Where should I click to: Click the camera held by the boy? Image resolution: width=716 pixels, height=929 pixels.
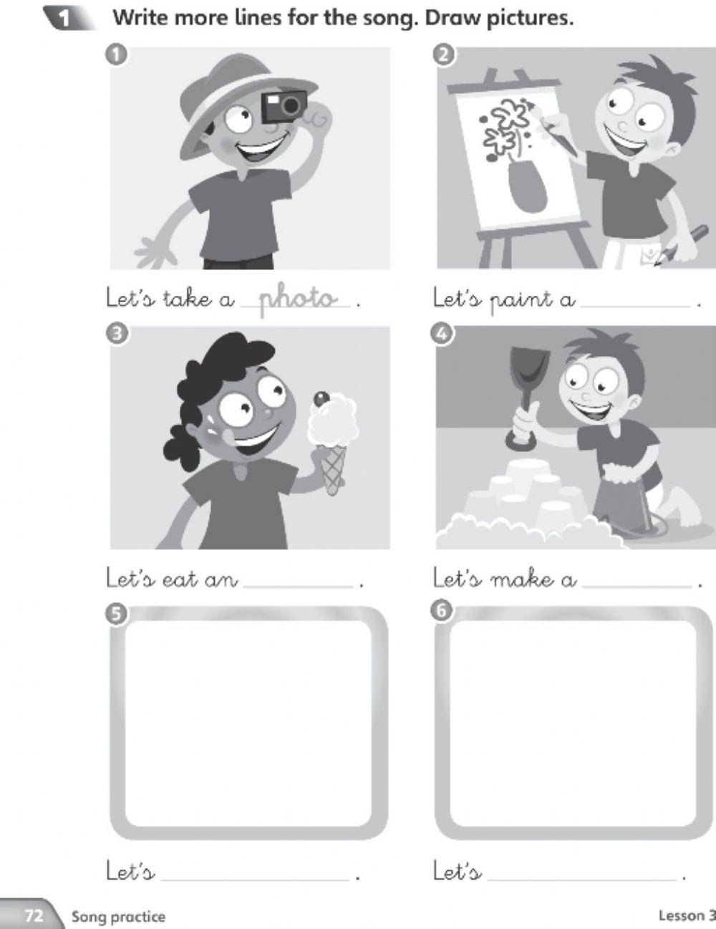click(284, 107)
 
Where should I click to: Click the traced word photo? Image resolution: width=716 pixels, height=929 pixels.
click(297, 299)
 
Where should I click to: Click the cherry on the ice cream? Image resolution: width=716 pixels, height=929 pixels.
click(321, 399)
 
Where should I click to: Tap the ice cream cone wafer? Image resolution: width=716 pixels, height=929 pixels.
click(333, 471)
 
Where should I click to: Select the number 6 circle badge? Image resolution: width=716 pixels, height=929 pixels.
click(442, 612)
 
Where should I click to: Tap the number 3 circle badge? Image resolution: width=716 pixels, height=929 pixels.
click(117, 334)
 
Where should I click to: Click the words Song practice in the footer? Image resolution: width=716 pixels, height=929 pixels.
click(118, 917)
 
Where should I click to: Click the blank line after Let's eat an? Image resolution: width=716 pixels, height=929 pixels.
click(298, 587)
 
